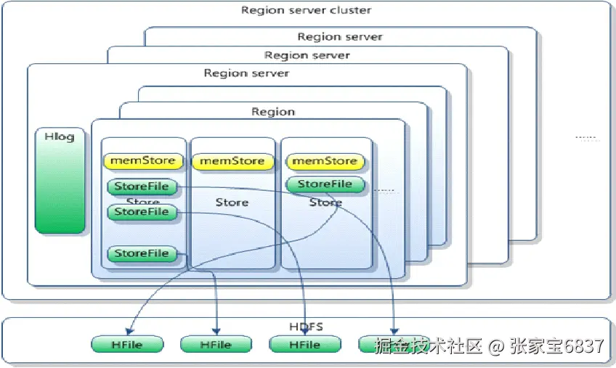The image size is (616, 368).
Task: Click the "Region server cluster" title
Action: click(306, 11)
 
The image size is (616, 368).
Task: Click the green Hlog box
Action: click(60, 181)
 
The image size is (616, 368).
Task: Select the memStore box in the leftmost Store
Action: click(142, 160)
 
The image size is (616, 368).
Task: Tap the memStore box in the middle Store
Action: click(232, 160)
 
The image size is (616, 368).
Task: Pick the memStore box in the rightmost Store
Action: click(324, 160)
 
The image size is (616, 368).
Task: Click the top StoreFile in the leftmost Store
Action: click(142, 187)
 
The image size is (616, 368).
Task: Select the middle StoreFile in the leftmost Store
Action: click(142, 212)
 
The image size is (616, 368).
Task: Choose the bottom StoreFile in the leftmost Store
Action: click(142, 254)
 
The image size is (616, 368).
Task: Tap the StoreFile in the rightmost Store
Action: click(325, 184)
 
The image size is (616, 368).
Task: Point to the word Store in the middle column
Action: click(232, 203)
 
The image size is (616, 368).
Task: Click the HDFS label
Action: click(306, 327)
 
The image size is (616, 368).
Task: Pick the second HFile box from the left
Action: click(216, 345)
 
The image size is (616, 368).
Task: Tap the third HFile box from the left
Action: click(305, 345)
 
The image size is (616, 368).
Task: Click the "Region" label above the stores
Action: click(273, 112)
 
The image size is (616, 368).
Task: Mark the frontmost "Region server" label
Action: click(246, 73)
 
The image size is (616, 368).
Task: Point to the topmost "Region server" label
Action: click(339, 36)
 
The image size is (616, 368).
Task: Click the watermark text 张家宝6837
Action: click(556, 345)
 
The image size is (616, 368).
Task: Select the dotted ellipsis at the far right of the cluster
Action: click(585, 136)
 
